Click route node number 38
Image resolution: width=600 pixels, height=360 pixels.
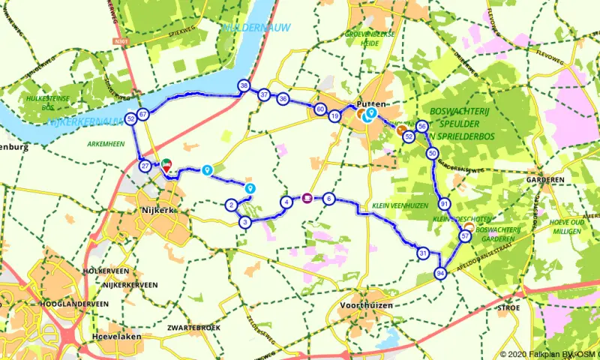(x=244, y=86)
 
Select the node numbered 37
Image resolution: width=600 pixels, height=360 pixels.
(x=264, y=95)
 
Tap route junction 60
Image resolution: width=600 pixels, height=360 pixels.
(x=320, y=109)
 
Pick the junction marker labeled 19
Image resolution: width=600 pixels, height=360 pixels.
(x=334, y=116)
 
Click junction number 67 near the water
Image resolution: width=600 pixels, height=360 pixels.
(x=142, y=114)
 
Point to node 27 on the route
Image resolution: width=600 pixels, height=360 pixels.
(x=145, y=166)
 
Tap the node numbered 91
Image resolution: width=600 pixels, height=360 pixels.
(x=445, y=204)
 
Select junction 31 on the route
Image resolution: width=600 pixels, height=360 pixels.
(x=423, y=253)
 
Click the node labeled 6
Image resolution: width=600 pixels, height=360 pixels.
(x=328, y=199)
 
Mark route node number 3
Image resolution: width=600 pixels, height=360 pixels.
(x=244, y=222)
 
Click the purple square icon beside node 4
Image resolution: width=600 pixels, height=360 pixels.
(x=307, y=199)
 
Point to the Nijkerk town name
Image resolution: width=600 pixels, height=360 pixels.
(x=157, y=210)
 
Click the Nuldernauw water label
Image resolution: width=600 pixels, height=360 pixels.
(x=245, y=28)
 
